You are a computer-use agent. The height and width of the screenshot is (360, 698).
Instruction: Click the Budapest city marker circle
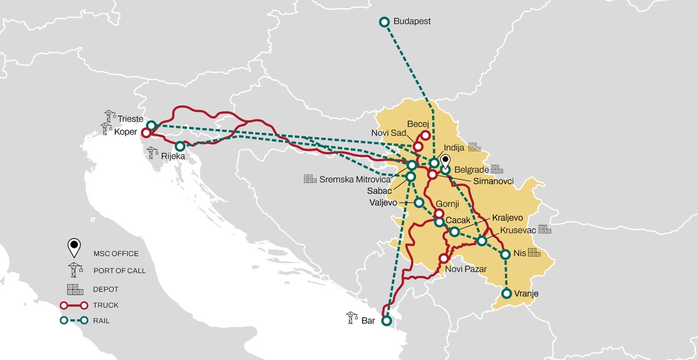click(x=384, y=22)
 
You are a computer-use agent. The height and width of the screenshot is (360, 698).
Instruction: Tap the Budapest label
click(x=412, y=22)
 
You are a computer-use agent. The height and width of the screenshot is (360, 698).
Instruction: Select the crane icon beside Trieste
click(x=110, y=116)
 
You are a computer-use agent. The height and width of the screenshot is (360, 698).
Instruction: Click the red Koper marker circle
click(x=146, y=133)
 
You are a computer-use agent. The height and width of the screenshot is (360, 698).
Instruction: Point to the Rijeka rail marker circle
click(x=180, y=146)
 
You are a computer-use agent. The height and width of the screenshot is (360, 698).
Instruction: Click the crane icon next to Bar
click(x=351, y=317)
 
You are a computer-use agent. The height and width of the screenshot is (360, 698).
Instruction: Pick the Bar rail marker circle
click(x=386, y=321)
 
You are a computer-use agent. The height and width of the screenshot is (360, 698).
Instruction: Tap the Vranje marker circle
click(x=506, y=293)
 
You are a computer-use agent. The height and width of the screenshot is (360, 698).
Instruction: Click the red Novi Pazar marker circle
click(x=444, y=259)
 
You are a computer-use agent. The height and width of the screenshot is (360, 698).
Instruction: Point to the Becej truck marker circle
click(x=425, y=135)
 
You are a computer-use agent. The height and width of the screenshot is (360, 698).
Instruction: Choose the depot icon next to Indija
click(x=475, y=147)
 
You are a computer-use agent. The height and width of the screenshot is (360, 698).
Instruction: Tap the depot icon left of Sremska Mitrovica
click(x=310, y=179)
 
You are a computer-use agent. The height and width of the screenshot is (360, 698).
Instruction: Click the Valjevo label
click(x=383, y=203)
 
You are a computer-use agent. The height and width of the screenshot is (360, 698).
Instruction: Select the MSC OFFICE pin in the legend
click(x=75, y=246)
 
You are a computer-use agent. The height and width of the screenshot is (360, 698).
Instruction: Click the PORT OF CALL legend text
click(x=119, y=270)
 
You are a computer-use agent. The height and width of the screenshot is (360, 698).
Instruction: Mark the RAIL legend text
click(x=102, y=321)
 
